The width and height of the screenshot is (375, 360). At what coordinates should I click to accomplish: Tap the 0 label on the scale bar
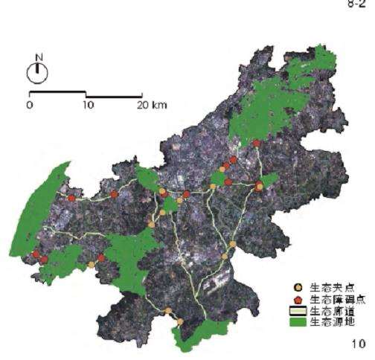coord(29,105)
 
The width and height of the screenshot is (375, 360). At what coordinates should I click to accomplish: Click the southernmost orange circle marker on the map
coord(179,322)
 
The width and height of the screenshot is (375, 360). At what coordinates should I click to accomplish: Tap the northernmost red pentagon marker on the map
coord(257,143)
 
